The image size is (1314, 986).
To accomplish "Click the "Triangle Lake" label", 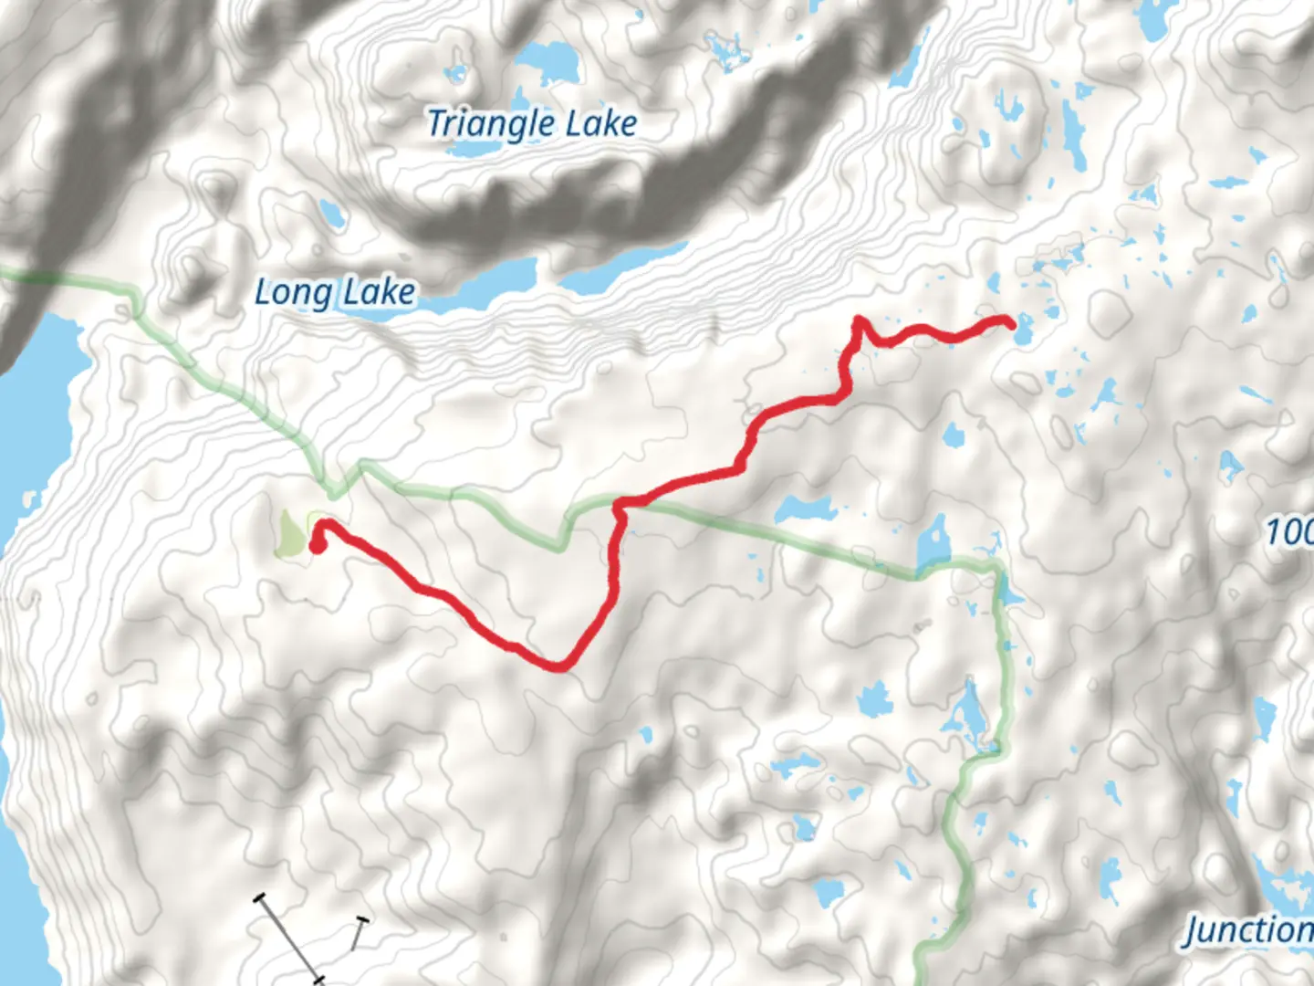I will (532, 124).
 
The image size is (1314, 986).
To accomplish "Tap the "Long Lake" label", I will (334, 292).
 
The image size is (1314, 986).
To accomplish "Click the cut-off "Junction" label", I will (1249, 930).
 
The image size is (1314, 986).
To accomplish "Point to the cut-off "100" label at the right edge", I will (1289, 531).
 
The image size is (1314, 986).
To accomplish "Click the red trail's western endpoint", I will (318, 546).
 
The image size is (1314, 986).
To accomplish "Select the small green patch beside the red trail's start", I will (290, 535).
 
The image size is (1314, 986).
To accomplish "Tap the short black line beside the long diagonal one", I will (358, 933).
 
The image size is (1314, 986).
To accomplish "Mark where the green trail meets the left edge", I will (3, 271).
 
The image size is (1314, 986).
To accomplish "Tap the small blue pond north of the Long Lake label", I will (332, 215).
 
